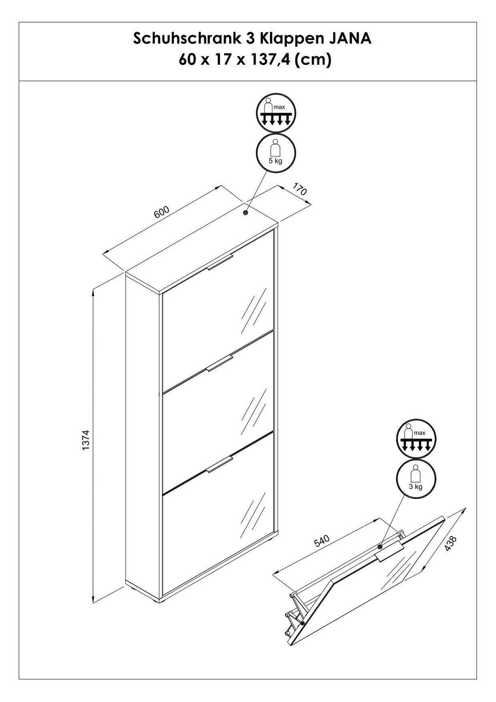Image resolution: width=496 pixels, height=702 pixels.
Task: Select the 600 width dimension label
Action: (x=162, y=212)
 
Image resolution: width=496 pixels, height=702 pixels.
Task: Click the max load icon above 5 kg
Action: (x=276, y=114)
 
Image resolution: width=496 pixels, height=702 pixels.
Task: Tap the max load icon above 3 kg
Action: (x=415, y=439)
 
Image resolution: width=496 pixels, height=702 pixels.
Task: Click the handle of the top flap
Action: (x=221, y=263)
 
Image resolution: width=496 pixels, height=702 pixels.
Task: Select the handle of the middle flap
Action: (x=221, y=364)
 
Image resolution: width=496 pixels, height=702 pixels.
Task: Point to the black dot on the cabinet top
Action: (x=245, y=213)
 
